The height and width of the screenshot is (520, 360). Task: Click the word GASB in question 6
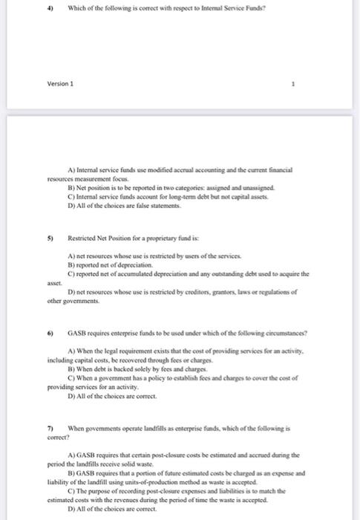click(x=78, y=334)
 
